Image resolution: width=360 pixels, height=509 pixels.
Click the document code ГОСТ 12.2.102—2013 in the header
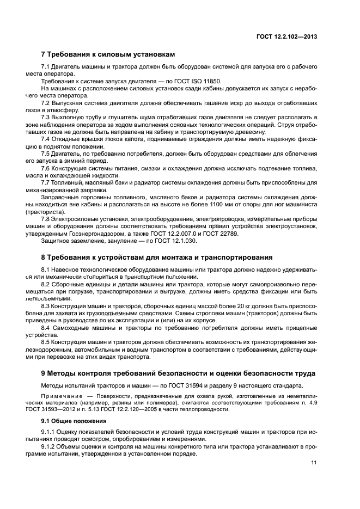pos(287,37)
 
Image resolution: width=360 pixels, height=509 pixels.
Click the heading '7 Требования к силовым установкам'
pos(108,54)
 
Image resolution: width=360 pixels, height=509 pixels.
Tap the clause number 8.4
pos(46,328)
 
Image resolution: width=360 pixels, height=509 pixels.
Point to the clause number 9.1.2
pos(49,446)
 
